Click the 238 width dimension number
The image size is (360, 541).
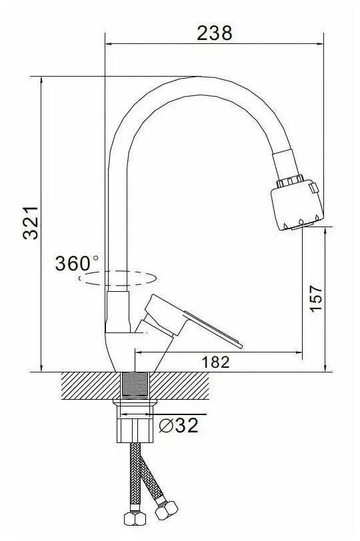click(215, 33)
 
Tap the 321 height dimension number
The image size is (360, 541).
click(31, 223)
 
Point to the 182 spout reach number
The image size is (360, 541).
click(215, 362)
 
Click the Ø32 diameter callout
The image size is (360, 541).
click(179, 425)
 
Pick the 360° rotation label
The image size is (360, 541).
click(77, 263)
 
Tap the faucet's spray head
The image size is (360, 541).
click(297, 204)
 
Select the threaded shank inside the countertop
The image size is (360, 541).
click(135, 385)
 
